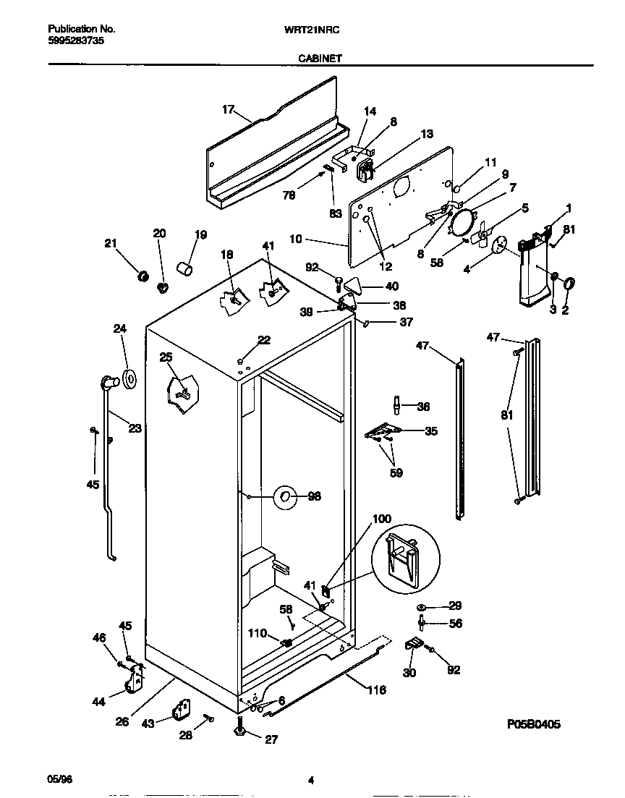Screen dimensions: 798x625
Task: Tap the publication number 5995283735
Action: pyautogui.click(x=77, y=41)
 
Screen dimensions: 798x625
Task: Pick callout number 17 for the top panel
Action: pyautogui.click(x=229, y=110)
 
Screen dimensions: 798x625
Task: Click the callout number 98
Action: pyautogui.click(x=314, y=496)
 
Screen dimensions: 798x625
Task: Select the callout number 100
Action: pyautogui.click(x=382, y=519)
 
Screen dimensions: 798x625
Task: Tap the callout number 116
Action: pyautogui.click(x=376, y=690)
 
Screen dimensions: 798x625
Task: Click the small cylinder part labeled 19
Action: pyautogui.click(x=187, y=271)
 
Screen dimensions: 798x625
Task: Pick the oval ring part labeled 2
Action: pyautogui.click(x=568, y=284)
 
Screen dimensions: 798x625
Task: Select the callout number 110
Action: pyautogui.click(x=258, y=634)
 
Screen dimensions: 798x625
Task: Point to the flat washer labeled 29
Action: pyautogui.click(x=422, y=606)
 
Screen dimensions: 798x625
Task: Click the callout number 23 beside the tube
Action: pyautogui.click(x=135, y=428)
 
